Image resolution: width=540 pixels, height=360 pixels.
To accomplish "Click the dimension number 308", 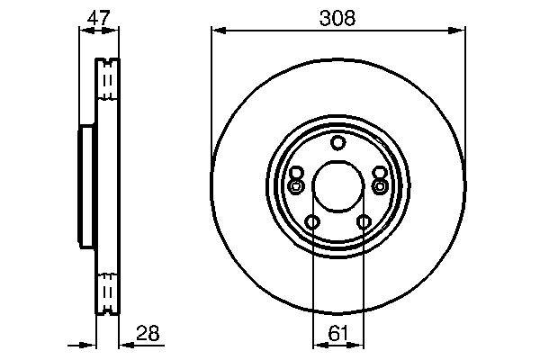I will coord(338,17).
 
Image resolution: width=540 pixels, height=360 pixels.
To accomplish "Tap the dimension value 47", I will coord(98,17).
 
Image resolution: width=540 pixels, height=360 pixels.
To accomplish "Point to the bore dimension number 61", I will coord(338,334).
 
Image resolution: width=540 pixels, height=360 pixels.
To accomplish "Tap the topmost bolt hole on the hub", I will coord(337,142).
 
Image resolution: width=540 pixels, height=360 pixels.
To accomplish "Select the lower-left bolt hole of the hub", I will coord(312,222).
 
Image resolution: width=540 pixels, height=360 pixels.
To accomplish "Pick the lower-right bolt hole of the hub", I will coord(364,222).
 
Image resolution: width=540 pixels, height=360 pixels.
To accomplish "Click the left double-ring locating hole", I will coord(296,186).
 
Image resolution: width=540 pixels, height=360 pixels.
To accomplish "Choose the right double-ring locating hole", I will coord(380,186).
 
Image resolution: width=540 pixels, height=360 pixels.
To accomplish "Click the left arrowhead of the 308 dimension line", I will coord(216,31).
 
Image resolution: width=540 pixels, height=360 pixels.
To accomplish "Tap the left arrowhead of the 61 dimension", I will coord(316,344).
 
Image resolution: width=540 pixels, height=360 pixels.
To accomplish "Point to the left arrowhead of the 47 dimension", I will coord(84,31).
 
